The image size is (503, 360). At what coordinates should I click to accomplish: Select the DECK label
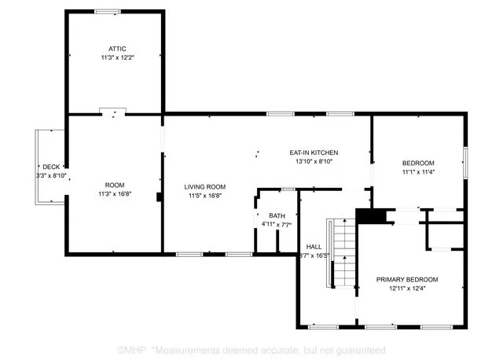tap(51, 167)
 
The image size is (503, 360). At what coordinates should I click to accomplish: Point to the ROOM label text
tap(115, 185)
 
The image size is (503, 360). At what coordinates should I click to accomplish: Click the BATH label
tap(277, 215)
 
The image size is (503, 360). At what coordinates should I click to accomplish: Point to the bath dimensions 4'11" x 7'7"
tap(277, 225)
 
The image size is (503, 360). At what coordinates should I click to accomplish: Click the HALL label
tap(314, 246)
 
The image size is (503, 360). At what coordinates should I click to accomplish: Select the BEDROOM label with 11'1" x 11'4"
tap(418, 163)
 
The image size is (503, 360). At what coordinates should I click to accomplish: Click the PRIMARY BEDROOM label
tap(406, 280)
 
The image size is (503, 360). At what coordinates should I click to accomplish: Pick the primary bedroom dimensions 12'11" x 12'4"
tap(406, 289)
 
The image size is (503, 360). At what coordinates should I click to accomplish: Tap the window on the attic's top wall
tap(108, 11)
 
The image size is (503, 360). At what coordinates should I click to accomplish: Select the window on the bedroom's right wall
tap(465, 161)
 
